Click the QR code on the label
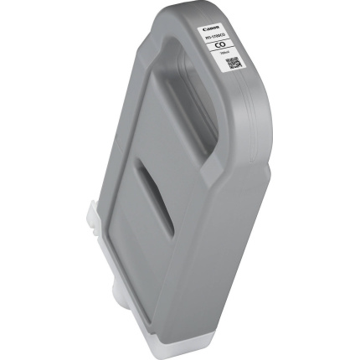(x=234, y=62)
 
